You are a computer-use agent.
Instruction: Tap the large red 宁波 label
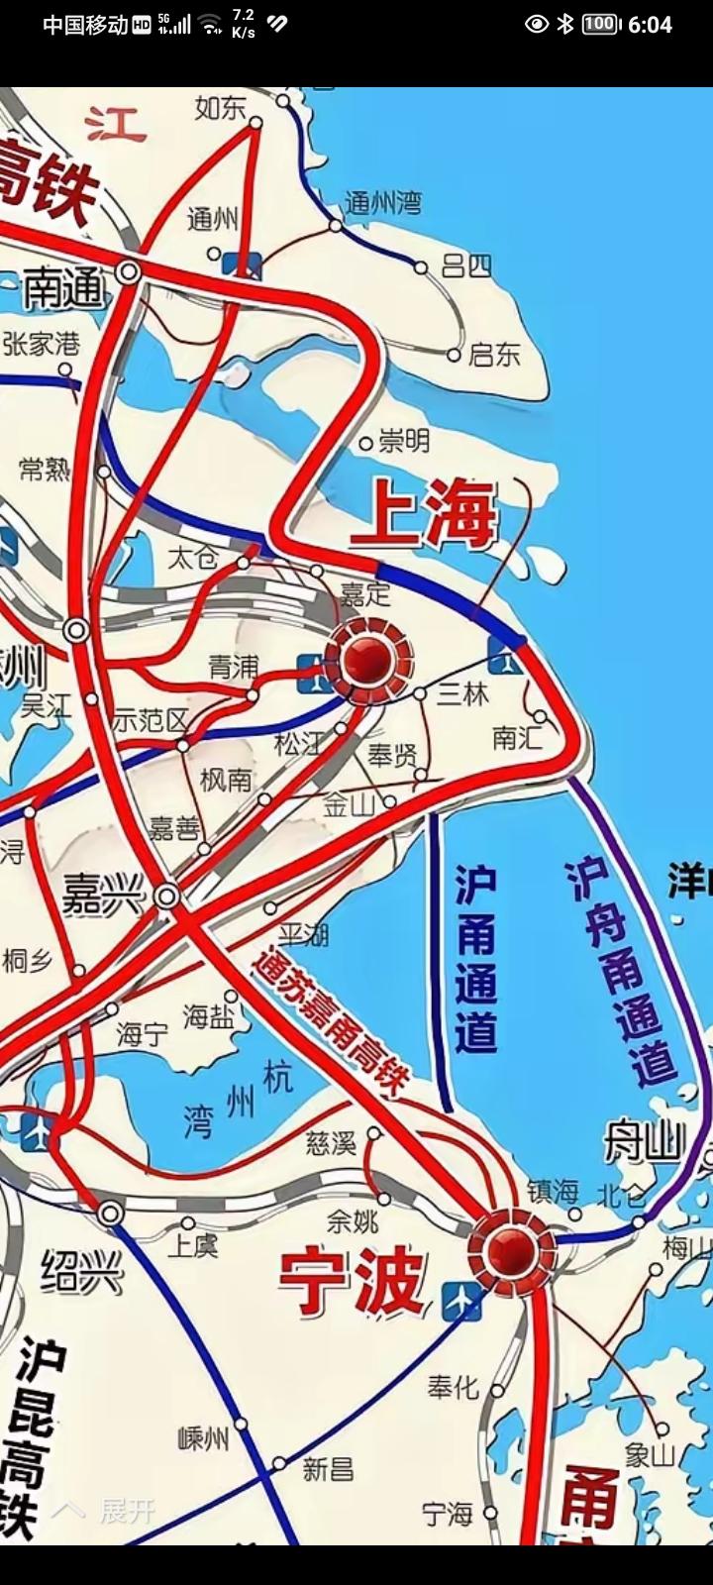coord(352,1281)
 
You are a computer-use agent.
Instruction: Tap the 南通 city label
coord(63,288)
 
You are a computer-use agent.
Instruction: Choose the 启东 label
coord(494,354)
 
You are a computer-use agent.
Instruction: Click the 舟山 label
coord(645,1143)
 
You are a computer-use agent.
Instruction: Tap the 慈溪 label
coord(331,1143)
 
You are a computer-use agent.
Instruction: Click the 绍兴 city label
coord(81,1272)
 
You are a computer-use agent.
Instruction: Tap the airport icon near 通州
coord(243,264)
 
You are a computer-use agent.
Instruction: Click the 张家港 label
coord(41,344)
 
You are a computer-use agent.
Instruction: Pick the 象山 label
coord(649,1454)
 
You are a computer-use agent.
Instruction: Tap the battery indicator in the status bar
coord(600,24)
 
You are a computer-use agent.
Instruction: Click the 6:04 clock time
coord(650,25)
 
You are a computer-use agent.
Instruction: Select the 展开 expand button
coord(109,1511)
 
